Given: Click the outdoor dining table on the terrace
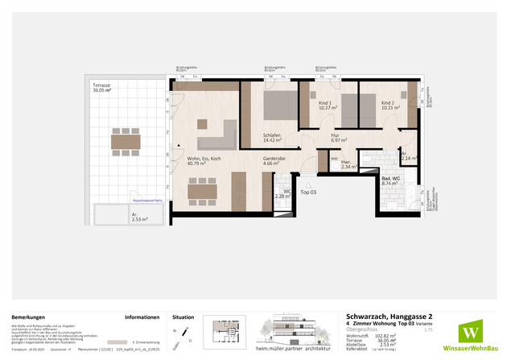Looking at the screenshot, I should (126, 142).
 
